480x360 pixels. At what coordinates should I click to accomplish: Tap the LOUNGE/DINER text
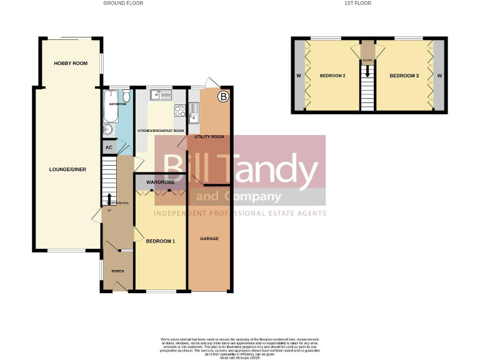coord(66,169)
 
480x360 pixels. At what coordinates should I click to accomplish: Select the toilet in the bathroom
coord(126,97)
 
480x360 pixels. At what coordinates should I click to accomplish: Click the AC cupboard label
coord(109,147)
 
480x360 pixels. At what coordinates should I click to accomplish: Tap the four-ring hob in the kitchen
coord(179,111)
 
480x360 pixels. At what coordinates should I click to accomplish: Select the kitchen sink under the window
coord(165,95)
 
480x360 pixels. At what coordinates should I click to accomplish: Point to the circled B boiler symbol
coord(222,97)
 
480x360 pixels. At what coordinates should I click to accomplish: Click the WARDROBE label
coord(159,182)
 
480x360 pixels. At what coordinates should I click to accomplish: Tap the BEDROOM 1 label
coord(161,241)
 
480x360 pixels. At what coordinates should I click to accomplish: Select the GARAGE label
coord(209,239)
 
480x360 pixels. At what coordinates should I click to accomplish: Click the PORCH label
coord(117,271)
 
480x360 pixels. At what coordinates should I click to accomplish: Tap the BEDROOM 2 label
coord(332,76)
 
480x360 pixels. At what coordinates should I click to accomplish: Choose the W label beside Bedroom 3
coord(439,76)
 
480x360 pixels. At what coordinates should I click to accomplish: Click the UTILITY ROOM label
coord(209,136)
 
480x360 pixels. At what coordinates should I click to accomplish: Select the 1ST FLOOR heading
coord(357,3)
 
